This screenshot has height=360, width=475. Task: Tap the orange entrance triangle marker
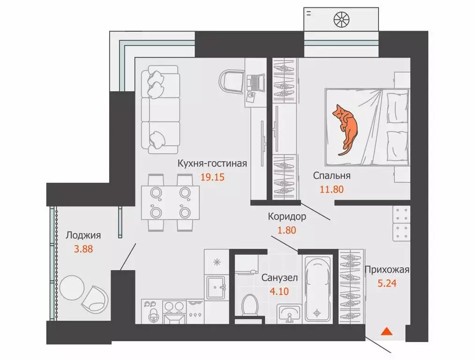386,331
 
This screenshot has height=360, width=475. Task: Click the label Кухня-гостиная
212,164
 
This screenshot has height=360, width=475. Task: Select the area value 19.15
213,177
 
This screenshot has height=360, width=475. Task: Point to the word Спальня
332,176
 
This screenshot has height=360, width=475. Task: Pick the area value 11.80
332,189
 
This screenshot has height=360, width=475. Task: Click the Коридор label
287,217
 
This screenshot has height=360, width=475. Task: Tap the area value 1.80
287,230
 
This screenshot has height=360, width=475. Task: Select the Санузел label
280,277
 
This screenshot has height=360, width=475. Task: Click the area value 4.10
279,292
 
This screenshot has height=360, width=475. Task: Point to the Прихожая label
387,270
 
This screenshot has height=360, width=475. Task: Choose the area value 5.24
387,283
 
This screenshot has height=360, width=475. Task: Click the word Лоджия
83,235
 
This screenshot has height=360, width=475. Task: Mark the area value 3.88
83,249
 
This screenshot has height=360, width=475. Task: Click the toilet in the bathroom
250,304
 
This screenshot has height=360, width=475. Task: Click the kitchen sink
215,287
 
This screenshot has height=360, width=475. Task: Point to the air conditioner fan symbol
341,20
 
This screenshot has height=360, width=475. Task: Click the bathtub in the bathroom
317,288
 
